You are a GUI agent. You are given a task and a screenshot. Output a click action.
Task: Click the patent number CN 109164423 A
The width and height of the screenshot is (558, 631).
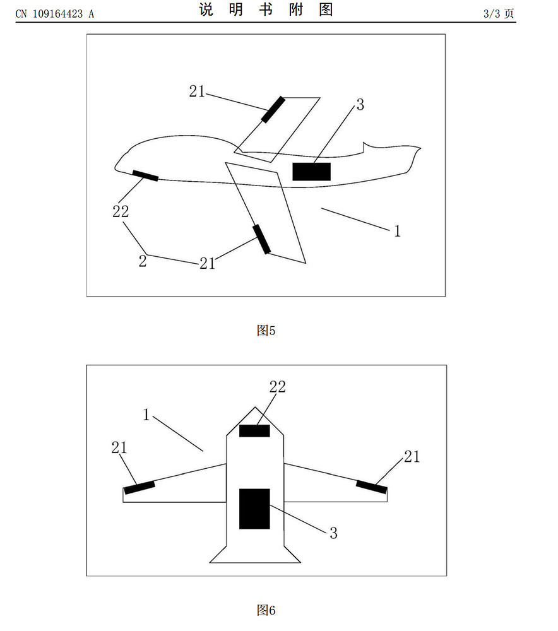pyautogui.click(x=55, y=14)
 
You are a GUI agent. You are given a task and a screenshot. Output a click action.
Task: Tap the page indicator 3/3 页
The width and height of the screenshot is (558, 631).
pyautogui.click(x=499, y=13)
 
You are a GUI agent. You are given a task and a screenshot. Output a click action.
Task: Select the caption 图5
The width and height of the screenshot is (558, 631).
pyautogui.click(x=266, y=331)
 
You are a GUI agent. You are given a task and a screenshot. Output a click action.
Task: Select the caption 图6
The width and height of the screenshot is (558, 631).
pyautogui.click(x=266, y=610)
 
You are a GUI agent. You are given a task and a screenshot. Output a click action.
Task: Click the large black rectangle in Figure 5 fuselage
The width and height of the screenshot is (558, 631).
pyautogui.click(x=312, y=172)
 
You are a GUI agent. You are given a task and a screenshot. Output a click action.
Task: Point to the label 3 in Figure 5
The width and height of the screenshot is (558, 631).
pyautogui.click(x=360, y=105)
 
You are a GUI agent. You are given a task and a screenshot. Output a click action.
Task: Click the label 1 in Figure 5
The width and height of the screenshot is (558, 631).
pyautogui.click(x=398, y=231)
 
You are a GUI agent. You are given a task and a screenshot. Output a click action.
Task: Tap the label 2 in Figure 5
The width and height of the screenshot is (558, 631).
pyautogui.click(x=143, y=261)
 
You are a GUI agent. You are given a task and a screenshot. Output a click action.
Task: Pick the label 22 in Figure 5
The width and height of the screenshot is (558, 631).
pyautogui.click(x=121, y=211)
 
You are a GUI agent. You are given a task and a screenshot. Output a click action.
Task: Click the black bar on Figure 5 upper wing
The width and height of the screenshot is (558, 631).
pyautogui.click(x=273, y=109)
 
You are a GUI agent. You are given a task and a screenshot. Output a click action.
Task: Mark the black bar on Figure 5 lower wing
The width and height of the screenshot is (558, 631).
pyautogui.click(x=262, y=239)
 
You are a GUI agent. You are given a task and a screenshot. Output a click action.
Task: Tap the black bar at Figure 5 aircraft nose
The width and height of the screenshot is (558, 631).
pyautogui.click(x=145, y=176)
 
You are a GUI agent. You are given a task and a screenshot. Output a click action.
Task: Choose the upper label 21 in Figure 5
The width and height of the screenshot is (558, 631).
pyautogui.click(x=198, y=91)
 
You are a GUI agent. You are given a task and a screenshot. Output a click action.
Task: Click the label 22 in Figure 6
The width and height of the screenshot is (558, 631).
pyautogui.click(x=277, y=387)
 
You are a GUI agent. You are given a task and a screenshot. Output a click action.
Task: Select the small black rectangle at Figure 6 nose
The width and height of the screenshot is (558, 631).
pyautogui.click(x=254, y=430)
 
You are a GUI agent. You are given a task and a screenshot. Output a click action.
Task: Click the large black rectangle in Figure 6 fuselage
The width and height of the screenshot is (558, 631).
pyautogui.click(x=254, y=509)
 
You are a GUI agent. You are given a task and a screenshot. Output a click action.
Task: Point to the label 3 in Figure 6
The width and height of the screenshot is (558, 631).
pyautogui.click(x=333, y=533)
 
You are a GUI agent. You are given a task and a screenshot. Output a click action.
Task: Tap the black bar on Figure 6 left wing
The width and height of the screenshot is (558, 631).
pyautogui.click(x=139, y=487)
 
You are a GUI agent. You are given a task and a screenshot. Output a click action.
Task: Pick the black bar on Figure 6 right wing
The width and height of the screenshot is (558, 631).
pyautogui.click(x=372, y=487)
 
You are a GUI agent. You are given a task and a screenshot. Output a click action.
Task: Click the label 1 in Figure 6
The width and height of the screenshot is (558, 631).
pyautogui.click(x=146, y=415)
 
